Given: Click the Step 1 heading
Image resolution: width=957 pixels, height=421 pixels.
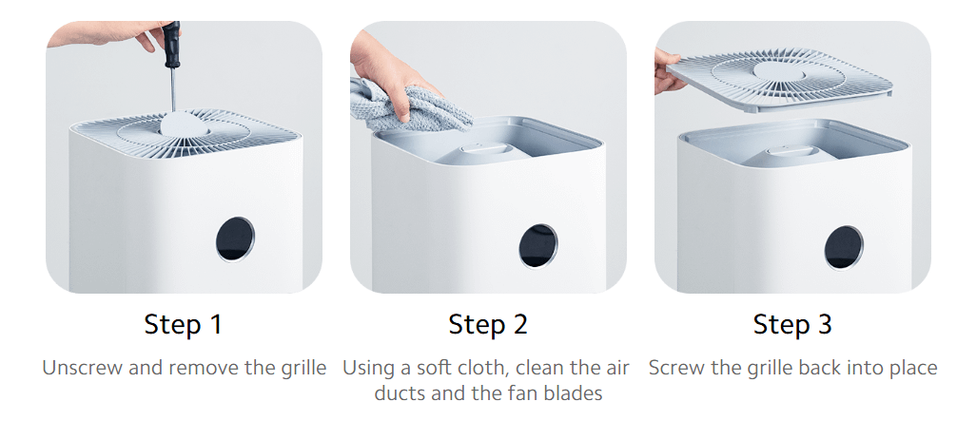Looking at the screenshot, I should pos(183,324).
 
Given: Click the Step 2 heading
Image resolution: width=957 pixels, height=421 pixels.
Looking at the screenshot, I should pos(487,324).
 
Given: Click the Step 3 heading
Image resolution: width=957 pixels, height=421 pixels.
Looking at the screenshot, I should pos(791,324).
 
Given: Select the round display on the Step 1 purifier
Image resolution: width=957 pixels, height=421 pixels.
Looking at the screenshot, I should pos(235,238).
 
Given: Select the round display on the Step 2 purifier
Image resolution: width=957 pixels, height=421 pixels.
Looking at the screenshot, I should pos(537,244).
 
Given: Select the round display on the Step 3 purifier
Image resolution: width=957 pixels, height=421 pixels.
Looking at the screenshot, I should pos(843,246).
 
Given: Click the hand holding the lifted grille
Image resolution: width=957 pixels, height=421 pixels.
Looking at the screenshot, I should pos(670,72).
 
